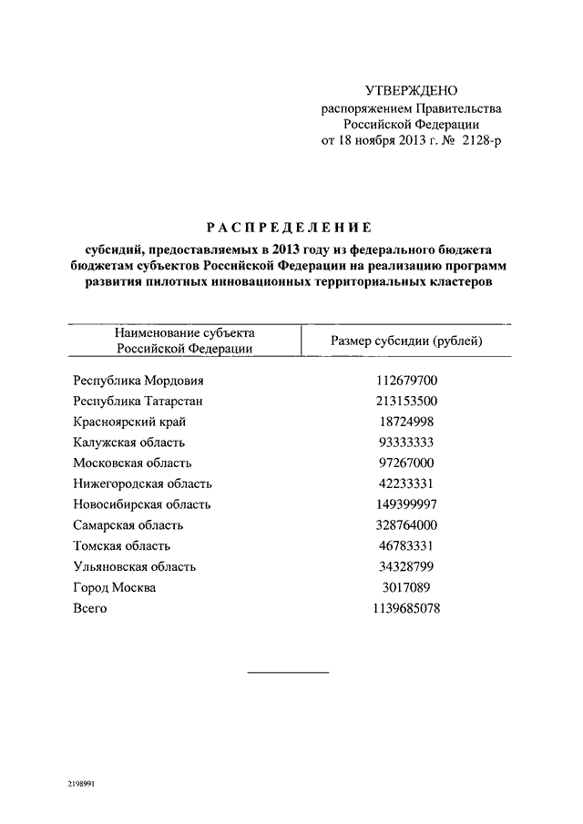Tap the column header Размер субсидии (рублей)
click(406, 341)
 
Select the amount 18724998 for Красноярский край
click(407, 422)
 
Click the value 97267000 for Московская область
click(407, 463)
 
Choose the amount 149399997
click(407, 504)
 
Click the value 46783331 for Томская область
click(407, 546)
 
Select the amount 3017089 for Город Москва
click(407, 588)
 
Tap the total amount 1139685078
click(407, 608)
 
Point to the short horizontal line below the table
click(289, 673)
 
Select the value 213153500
click(407, 401)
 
